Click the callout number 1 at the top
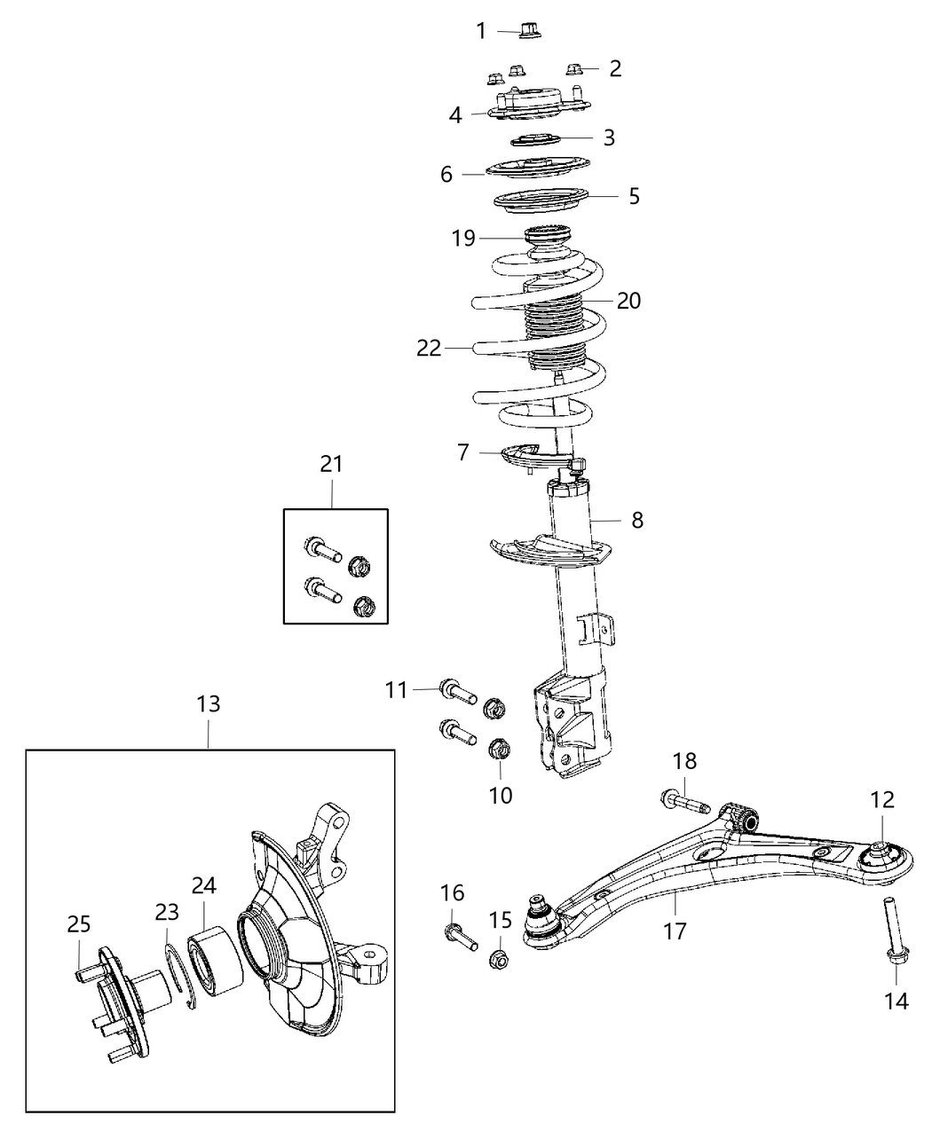481,32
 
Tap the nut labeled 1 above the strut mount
531,32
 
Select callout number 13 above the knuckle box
209,704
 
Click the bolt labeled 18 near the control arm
683,802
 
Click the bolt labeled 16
459,935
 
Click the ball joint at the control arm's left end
539,918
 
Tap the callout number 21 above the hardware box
331,464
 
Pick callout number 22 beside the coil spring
429,349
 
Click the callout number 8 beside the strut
637,520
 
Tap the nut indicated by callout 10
499,750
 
